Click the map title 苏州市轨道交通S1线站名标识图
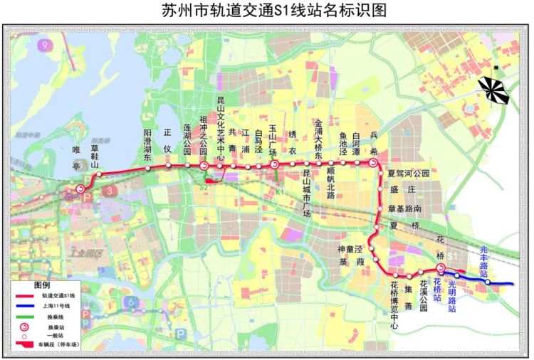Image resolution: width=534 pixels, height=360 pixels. pos(267,11)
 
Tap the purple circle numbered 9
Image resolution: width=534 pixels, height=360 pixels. pos(48,45)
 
